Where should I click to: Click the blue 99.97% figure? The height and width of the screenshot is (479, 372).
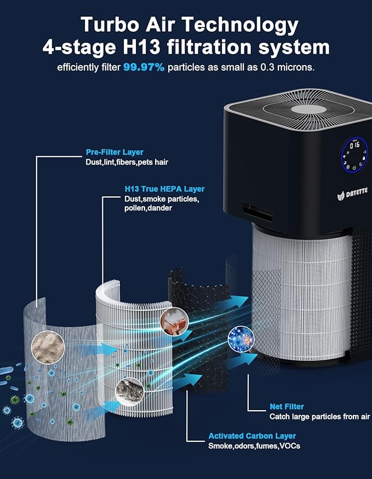[x=144, y=67]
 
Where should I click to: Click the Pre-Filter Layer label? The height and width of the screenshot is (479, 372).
[x=115, y=152]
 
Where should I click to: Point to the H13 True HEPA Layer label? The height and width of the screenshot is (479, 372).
[x=164, y=189]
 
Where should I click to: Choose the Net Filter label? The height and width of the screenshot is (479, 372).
[x=287, y=407]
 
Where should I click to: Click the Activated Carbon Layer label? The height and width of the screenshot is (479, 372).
[x=252, y=436]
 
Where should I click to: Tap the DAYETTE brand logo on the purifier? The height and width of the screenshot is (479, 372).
[x=352, y=194]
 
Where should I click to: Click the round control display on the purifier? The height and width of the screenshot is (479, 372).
[x=354, y=155]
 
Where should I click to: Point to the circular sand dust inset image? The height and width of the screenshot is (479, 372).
[x=48, y=347]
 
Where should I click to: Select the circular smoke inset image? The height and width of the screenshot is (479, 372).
[x=174, y=322]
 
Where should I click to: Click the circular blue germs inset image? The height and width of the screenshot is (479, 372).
[x=241, y=339]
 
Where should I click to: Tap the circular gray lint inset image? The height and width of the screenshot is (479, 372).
[x=129, y=392]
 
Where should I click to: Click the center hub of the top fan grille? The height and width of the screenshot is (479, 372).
[x=308, y=109]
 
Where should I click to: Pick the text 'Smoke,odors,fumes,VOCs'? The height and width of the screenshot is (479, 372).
[x=254, y=446]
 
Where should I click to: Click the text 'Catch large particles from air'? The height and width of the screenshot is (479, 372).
[x=319, y=417]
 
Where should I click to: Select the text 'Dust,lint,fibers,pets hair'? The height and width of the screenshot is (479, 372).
[x=127, y=162]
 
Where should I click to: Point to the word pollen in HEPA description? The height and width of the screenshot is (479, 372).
[x=135, y=208]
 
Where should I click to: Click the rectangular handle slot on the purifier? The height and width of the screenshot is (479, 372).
[x=257, y=213]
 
